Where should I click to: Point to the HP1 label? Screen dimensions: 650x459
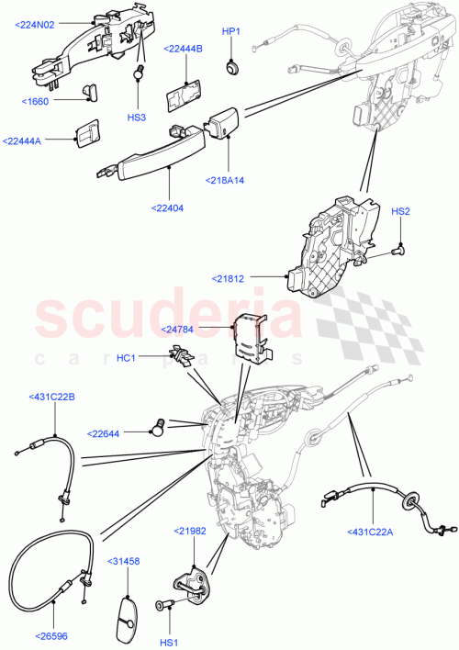click(231, 31)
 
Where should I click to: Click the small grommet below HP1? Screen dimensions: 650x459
click(232, 66)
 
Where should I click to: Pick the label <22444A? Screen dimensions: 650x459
click(28, 140)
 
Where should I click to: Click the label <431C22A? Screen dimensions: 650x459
click(375, 531)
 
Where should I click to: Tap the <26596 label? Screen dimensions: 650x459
click(53, 634)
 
